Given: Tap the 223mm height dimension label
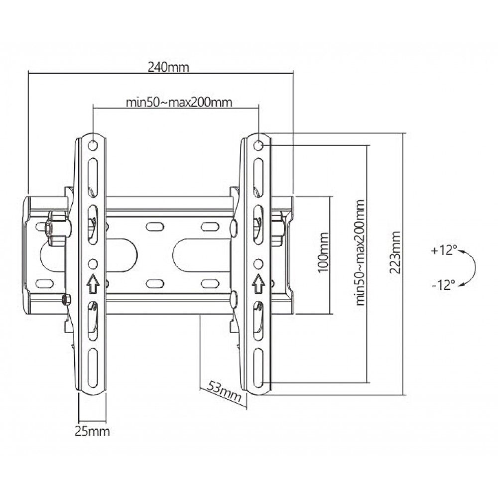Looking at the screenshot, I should pyautogui.click(x=395, y=252).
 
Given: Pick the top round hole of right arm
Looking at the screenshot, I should pyautogui.click(x=258, y=145).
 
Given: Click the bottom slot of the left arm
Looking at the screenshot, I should pyautogui.click(x=93, y=368).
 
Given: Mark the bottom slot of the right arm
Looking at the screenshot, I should pyautogui.click(x=258, y=368).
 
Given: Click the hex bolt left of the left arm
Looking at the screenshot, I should pyautogui.click(x=54, y=227).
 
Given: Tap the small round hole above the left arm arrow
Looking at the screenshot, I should pyautogui.click(x=92, y=263).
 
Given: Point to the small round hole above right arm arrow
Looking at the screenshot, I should pyautogui.click(x=258, y=263).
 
